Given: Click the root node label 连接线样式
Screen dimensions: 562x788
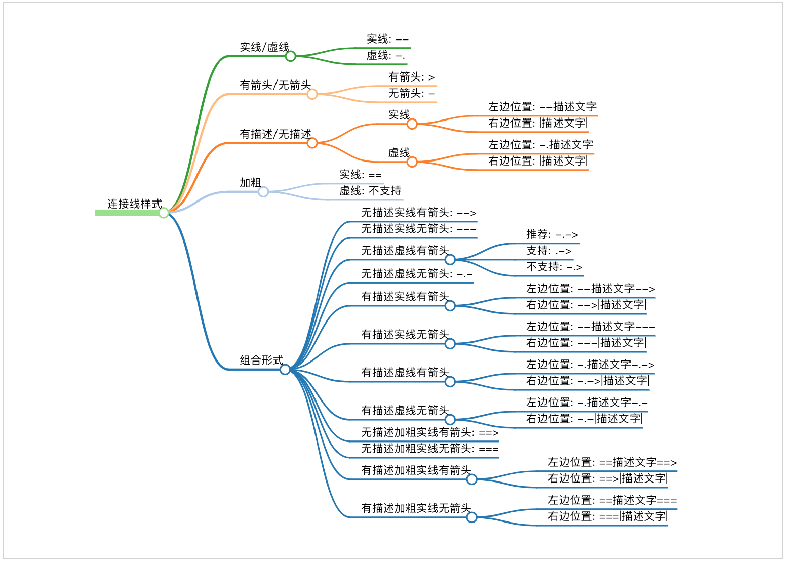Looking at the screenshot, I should tap(134, 204).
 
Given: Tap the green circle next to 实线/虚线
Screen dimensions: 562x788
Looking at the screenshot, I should tap(290, 56).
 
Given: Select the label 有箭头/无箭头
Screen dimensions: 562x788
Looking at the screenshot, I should tap(275, 85).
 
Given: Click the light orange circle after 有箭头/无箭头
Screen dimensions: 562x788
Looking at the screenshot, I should tap(312, 94).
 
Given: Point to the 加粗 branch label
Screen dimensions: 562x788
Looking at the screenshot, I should tap(250, 183).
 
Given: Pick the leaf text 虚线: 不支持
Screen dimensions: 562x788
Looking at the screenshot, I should tap(370, 191).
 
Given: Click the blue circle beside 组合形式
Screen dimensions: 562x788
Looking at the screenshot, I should tap(285, 370).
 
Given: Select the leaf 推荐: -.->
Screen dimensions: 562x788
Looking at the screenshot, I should tap(551, 234).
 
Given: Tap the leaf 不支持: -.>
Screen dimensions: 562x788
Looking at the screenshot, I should tap(554, 267).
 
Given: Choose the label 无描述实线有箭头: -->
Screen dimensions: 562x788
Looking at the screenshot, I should tap(418, 213).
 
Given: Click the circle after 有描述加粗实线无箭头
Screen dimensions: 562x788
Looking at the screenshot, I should tap(471, 517).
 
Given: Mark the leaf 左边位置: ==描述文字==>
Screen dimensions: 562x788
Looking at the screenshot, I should tap(612, 462).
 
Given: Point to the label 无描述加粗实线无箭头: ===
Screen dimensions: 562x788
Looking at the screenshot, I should tap(429, 449).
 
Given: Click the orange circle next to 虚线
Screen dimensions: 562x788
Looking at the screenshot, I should tap(412, 162).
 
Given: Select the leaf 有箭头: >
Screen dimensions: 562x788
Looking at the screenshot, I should tap(411, 77).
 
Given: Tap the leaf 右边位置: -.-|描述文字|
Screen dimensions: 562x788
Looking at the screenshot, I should tap(584, 419).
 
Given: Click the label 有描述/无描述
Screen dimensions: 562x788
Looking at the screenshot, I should tap(275, 134).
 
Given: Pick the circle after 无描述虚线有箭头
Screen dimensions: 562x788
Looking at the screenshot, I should tap(450, 260).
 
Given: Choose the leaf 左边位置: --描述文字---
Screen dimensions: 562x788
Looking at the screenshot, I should tap(590, 327).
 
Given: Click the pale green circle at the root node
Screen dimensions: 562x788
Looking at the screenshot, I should tap(164, 213).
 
